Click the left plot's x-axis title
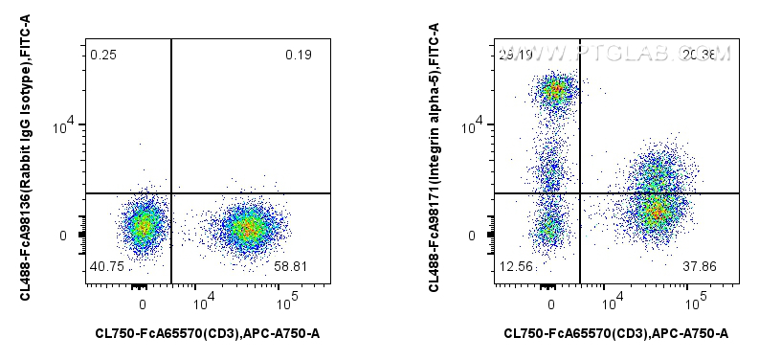pyautogui.click(x=208, y=333)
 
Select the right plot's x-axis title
pyautogui.click(x=616, y=333)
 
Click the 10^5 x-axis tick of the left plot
pyautogui.click(x=286, y=304)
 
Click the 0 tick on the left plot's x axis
pyautogui.click(x=143, y=304)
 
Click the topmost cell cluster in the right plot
pyautogui.click(x=554, y=92)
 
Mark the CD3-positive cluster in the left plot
pyautogui.click(x=246, y=228)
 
